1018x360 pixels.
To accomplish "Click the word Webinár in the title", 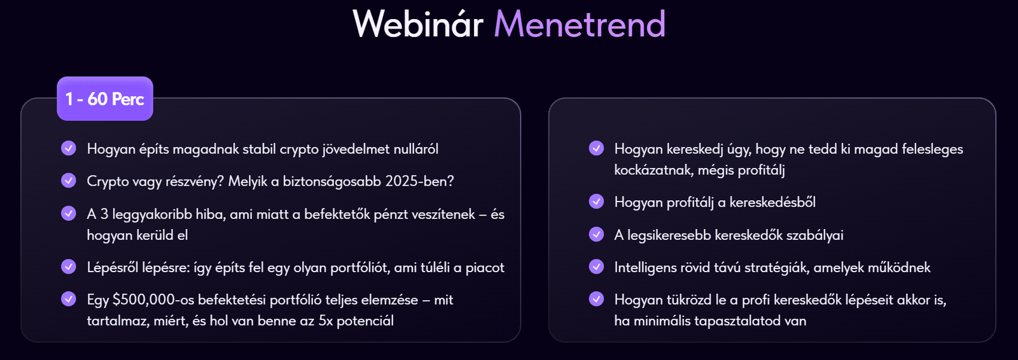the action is coord(417,24).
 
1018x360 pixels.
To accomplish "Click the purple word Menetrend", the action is coord(580,24).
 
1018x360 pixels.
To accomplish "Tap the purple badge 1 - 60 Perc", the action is coord(105,99).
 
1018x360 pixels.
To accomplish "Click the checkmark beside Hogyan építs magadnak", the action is coord(69,148).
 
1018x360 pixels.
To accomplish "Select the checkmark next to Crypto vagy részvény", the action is coord(69,181).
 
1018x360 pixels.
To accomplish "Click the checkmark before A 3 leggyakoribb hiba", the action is coord(69,213).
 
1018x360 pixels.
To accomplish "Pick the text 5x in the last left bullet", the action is coord(325,321).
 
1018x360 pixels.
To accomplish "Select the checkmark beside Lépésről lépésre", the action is coord(69,267).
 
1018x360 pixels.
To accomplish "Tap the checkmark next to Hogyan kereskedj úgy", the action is coord(596,148).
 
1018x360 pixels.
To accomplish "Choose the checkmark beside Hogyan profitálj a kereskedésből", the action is coord(596,202).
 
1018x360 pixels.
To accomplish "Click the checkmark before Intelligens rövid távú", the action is coord(596,267).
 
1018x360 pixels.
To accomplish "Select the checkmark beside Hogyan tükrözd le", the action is coord(596,299).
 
